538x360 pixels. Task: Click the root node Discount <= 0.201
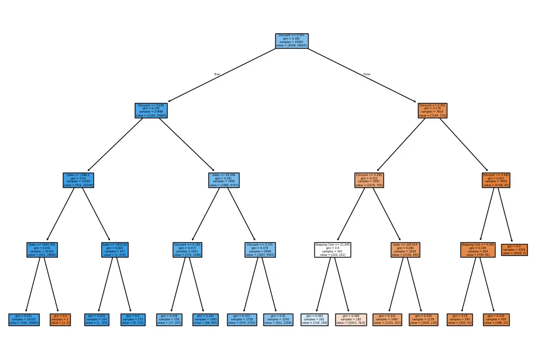[x=292, y=41]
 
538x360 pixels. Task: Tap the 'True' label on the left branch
[x=217, y=74]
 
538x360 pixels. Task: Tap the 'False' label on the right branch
[x=367, y=74]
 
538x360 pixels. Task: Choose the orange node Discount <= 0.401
[x=433, y=110]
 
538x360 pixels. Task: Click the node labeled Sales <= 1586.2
[x=78, y=180]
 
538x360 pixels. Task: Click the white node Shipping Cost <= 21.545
[x=333, y=250]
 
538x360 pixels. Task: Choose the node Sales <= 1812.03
[x=115, y=250]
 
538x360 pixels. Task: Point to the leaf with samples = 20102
[x=24, y=319]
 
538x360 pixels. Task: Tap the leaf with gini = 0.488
[x=351, y=319]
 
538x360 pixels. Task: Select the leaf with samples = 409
[x=497, y=319]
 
